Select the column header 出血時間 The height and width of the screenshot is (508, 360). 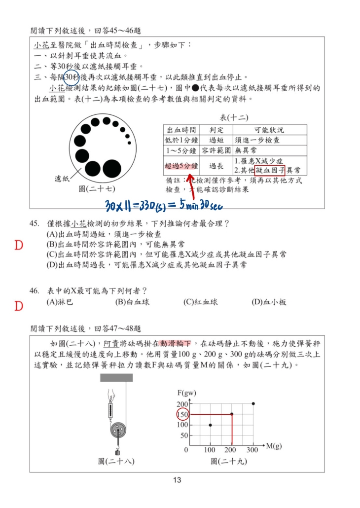[181, 130]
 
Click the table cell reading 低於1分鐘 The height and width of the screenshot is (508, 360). [181, 140]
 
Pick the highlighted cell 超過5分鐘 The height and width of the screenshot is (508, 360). [181, 166]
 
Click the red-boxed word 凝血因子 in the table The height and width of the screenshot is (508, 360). [270, 170]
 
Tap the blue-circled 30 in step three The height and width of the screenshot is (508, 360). [72, 77]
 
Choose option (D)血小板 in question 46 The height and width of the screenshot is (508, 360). [269, 302]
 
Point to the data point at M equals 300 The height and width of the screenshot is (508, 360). [253, 403]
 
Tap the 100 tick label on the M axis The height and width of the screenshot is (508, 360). [211, 450]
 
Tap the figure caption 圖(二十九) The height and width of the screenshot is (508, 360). [228, 461]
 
